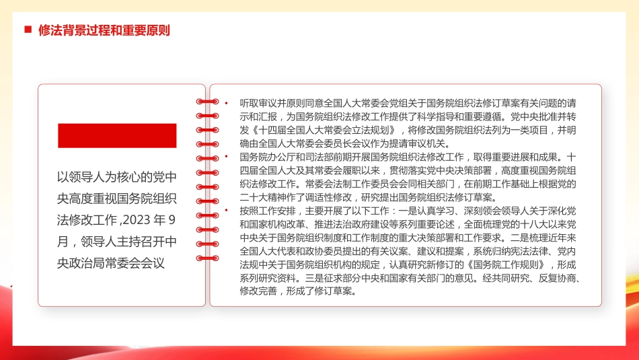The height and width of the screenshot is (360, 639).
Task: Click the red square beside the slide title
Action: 28,30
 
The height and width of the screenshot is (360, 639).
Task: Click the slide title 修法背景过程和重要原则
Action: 104,30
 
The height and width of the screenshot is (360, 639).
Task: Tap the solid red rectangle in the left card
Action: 117,135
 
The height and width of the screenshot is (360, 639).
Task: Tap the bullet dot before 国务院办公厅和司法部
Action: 227,157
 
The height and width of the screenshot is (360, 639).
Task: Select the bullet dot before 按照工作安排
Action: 227,211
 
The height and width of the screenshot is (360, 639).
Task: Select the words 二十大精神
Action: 264,197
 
